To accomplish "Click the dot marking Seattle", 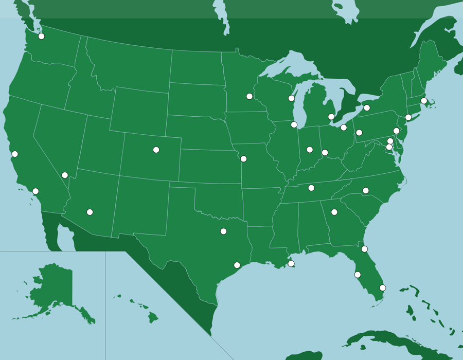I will (41, 36).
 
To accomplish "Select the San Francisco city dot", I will (14, 154).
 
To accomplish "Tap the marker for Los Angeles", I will (35, 191).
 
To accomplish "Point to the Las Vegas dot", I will (65, 175).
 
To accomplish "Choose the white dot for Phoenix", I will (90, 212).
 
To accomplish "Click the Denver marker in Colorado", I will (156, 150).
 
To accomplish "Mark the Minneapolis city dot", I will (250, 96).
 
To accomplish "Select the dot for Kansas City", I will (243, 159).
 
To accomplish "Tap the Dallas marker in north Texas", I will (223, 231).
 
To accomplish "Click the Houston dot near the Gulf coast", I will (237, 265).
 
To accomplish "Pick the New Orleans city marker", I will (291, 263).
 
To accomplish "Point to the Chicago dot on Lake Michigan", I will (294, 124).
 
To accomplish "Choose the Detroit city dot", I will (331, 117).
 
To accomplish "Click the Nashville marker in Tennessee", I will (311, 188).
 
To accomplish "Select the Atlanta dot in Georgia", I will (334, 212).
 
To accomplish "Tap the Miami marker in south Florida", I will (382, 287).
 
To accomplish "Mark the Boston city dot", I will (424, 101).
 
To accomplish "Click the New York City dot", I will (408, 117).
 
